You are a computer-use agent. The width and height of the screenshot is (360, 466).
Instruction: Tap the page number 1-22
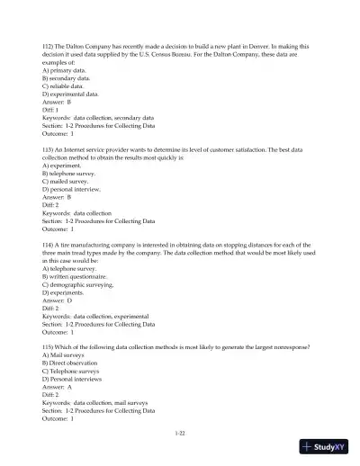pyautogui.click(x=180, y=435)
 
